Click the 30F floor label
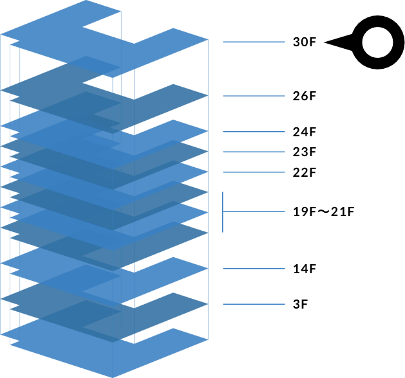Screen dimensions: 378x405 tap(304, 42)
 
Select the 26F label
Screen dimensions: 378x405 tap(304, 96)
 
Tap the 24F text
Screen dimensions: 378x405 tap(304, 132)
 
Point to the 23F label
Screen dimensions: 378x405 tap(304, 152)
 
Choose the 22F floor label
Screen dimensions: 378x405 tap(304, 173)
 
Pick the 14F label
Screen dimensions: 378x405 tap(304, 269)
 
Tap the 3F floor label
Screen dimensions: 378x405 tap(300, 304)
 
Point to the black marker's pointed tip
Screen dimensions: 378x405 tap(326, 43)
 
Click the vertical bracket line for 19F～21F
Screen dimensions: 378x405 tap(223, 212)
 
